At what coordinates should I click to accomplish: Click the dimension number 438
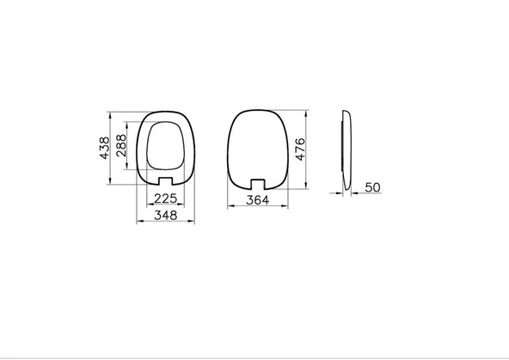pos(104,147)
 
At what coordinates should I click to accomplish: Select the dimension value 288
pos(121,147)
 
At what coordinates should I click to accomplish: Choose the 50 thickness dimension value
pos(373,186)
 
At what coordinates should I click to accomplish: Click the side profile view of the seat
pos(346,150)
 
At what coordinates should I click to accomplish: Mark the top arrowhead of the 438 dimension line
pos(111,113)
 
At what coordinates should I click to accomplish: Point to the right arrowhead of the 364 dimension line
pos(285,207)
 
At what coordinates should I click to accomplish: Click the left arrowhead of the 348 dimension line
pos(138,223)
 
